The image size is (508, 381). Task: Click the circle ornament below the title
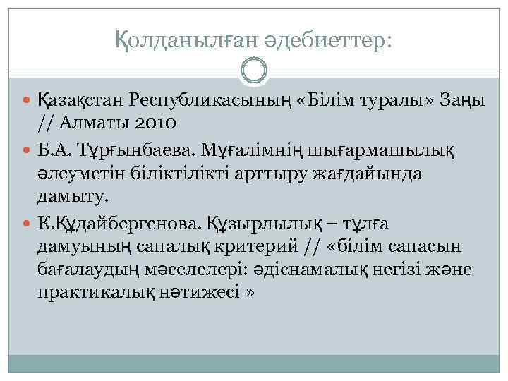[x=254, y=71]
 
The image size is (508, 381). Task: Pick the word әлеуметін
[x=80, y=174]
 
